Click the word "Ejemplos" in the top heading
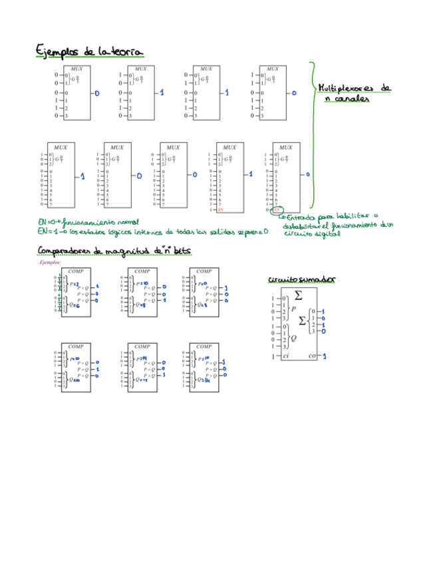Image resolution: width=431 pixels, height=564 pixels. point(57,51)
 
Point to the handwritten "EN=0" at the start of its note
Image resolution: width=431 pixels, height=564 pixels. point(48,221)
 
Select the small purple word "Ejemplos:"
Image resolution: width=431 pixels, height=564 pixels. point(51,263)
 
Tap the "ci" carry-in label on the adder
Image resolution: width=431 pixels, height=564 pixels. point(286,356)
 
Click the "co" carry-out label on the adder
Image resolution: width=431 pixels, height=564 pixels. point(313,356)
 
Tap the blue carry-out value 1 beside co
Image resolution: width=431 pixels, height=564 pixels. point(324,356)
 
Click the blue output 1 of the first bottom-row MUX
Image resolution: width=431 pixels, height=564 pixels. point(82,176)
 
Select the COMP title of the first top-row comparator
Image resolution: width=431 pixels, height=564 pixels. point(76,271)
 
